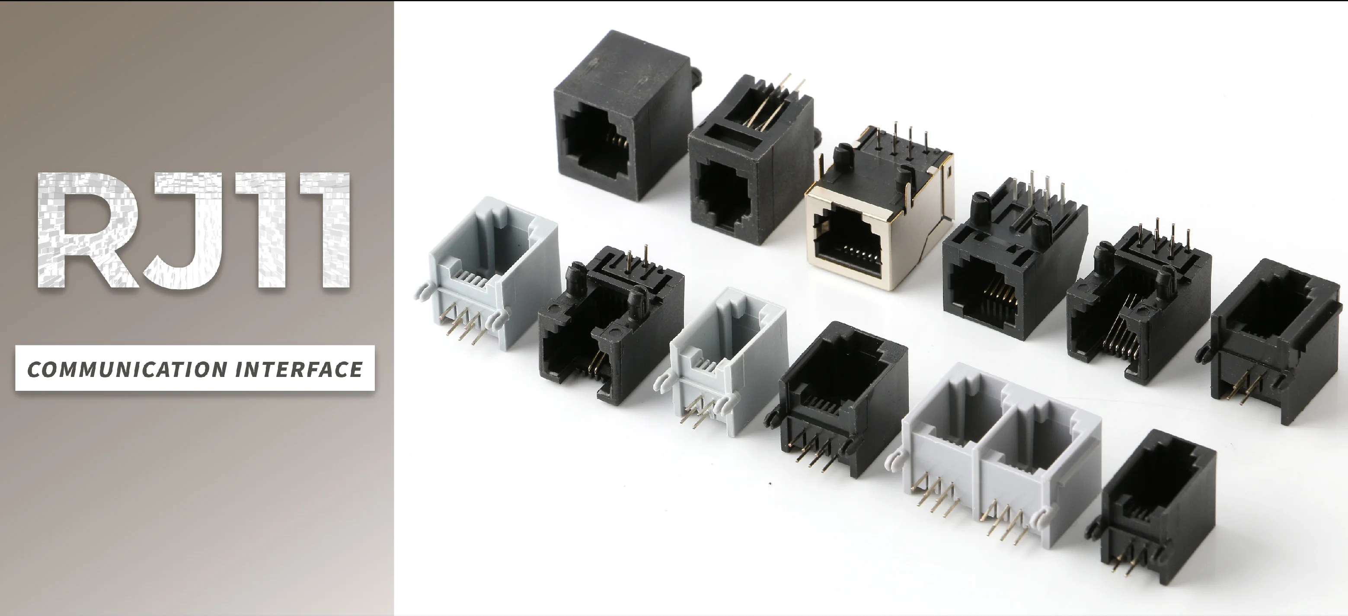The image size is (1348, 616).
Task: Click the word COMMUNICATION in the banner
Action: click(127, 370)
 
